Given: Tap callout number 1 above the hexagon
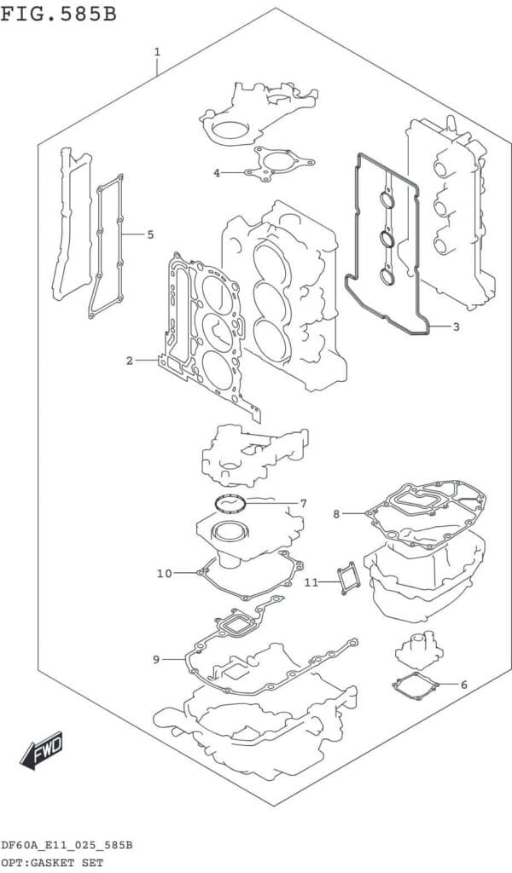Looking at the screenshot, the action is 158,52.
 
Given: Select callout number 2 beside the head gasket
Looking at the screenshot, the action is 130,361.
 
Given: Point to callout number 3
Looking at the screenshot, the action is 456,327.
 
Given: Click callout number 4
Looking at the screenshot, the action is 217,173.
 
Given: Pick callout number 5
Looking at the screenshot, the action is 150,234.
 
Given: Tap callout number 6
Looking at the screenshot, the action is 463,685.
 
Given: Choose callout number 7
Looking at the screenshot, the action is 303,504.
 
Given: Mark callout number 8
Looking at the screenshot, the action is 336,514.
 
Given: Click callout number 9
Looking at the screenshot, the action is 156,660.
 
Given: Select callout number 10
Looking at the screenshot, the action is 165,574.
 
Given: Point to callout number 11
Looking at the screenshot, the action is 311,582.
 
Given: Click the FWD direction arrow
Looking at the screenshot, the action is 42,750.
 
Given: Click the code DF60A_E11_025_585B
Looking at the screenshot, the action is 67,846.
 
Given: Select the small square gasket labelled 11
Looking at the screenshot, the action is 349,579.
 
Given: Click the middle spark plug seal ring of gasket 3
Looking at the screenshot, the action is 387,240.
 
